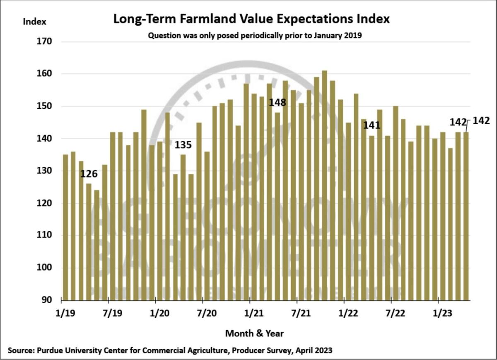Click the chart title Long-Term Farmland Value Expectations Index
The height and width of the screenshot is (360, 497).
click(252, 19)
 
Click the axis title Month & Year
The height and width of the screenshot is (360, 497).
click(254, 333)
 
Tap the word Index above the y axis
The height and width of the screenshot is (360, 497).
click(34, 22)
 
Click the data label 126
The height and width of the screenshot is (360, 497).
click(89, 174)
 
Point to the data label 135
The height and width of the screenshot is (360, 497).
click(183, 145)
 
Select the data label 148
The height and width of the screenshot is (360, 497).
click(277, 102)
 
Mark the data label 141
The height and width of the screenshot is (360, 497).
click(372, 125)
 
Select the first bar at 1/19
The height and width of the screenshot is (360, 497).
click(65, 227)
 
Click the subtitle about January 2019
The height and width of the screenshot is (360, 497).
click(255, 36)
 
